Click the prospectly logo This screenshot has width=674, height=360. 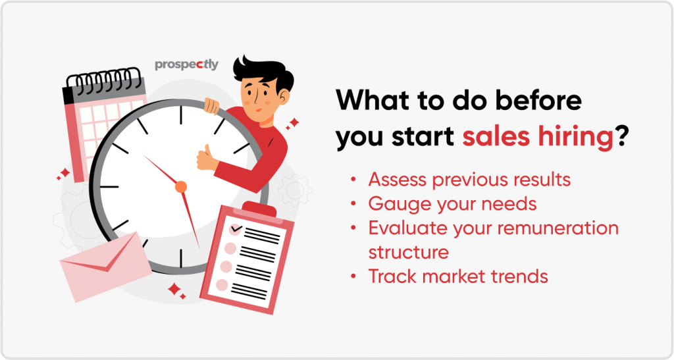[186, 65]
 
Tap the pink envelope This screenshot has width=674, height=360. [105, 267]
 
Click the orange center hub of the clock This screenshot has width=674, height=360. [181, 187]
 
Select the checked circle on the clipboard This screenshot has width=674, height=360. [236, 229]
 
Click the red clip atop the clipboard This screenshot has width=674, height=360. [259, 211]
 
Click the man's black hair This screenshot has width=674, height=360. [263, 74]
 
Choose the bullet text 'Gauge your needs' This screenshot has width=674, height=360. [453, 205]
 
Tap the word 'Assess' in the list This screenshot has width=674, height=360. [398, 180]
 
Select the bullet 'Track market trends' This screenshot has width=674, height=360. [458, 276]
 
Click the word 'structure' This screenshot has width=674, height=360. [408, 252]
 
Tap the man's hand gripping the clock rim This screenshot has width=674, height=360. [211, 106]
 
